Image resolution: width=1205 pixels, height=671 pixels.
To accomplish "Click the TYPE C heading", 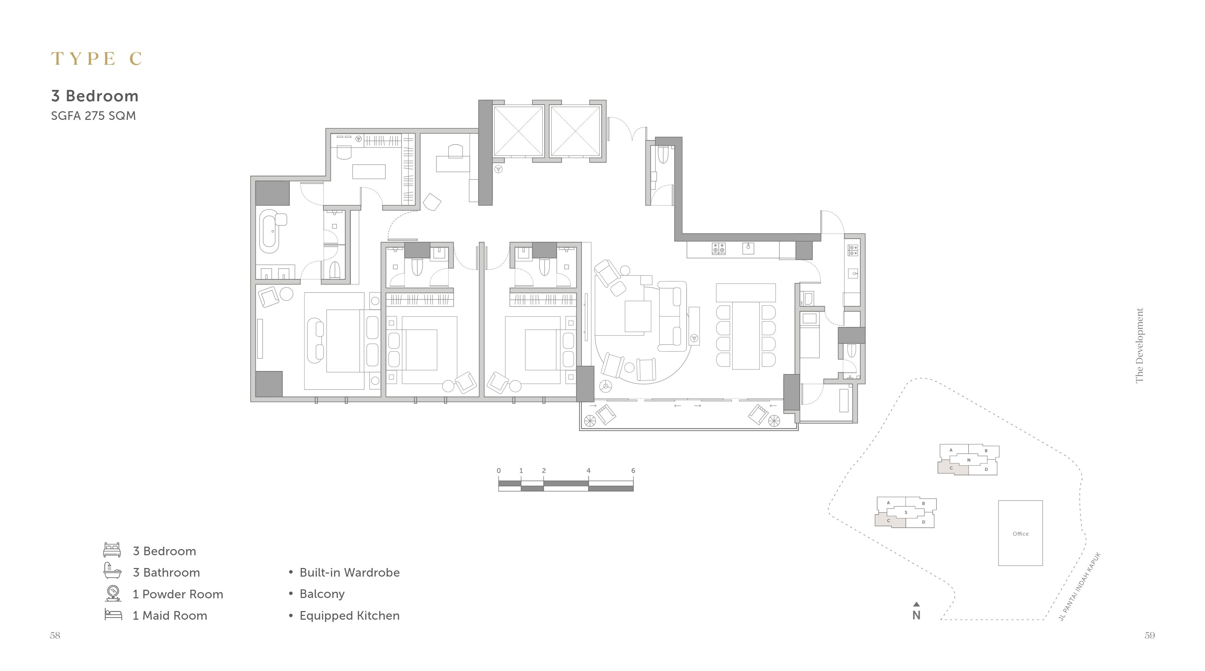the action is (97, 59).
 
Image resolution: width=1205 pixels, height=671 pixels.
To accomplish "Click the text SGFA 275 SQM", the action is (93, 115).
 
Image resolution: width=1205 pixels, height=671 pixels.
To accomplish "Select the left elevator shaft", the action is (518, 131).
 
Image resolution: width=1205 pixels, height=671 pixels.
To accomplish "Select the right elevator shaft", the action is (575, 131).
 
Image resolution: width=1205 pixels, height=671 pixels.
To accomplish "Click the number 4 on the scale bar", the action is (588, 471).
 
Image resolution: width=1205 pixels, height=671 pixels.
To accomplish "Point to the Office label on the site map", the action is (1021, 534).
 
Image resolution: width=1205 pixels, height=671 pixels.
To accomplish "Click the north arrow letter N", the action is (917, 615).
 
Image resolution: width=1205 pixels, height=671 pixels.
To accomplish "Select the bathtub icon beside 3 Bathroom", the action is (112, 570).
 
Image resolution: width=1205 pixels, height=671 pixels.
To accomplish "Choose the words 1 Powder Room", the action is (178, 594).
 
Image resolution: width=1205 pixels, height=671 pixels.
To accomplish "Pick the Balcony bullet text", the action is (322, 594).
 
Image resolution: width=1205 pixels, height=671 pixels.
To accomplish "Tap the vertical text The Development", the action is (1140, 345).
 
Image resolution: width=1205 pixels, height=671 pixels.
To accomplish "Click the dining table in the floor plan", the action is (746, 335).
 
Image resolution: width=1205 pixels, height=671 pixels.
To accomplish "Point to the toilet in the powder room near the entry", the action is (663, 155).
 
